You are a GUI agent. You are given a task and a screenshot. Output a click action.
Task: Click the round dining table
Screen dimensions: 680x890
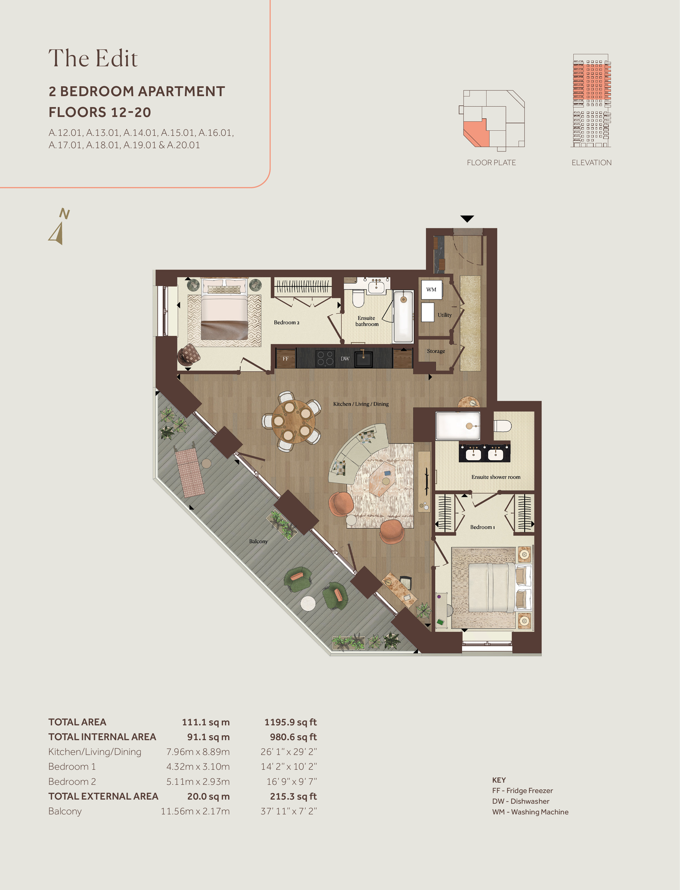click(x=293, y=422)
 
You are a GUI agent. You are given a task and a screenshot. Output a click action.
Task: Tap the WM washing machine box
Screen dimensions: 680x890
click(x=431, y=290)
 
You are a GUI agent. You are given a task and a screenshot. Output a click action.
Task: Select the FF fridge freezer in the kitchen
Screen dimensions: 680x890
click(x=286, y=358)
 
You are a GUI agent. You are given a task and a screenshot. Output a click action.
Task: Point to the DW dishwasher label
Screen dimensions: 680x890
click(x=345, y=358)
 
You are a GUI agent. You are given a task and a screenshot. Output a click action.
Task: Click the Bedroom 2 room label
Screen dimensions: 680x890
click(x=287, y=323)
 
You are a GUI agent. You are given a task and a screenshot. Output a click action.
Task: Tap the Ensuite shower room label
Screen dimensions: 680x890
click(x=496, y=477)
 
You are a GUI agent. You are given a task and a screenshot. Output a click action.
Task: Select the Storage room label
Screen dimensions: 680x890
click(x=436, y=351)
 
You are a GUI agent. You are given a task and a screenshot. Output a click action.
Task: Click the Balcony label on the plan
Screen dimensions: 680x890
click(x=258, y=541)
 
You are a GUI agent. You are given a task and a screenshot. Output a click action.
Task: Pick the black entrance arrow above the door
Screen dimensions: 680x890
click(x=467, y=219)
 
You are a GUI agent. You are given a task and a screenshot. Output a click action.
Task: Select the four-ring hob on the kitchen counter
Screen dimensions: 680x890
click(x=325, y=358)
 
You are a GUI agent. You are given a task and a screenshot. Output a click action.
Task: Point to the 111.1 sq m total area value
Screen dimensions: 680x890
click(x=206, y=722)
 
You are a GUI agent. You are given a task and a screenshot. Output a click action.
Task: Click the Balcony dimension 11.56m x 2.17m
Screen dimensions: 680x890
click(x=195, y=811)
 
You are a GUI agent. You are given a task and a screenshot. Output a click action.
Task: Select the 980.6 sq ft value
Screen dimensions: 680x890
click(x=293, y=737)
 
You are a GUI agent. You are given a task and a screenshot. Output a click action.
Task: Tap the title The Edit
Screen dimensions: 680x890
click(x=93, y=58)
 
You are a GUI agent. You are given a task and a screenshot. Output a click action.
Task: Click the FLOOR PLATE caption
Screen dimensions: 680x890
click(x=491, y=162)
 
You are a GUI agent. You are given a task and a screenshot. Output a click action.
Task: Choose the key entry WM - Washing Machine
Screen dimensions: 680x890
click(x=530, y=812)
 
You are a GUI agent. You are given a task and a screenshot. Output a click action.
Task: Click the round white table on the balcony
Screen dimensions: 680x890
click(x=308, y=604)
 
